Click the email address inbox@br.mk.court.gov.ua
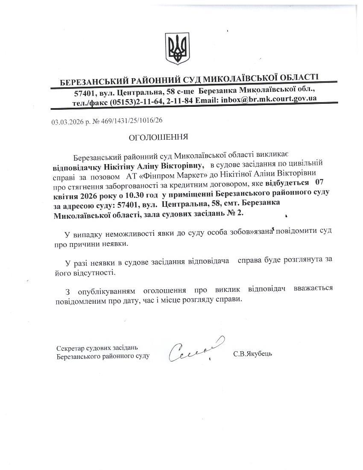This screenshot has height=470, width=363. pyautogui.click(x=268, y=99)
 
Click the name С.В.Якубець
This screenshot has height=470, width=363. pyautogui.click(x=252, y=354)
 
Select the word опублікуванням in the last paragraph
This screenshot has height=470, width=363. pyautogui.click(x=107, y=291)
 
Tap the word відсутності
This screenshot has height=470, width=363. pyautogui.click(x=92, y=272)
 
